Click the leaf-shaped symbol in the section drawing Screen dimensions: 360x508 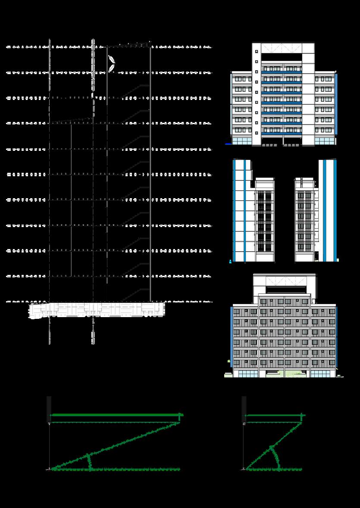112,64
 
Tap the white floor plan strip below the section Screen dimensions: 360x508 97,310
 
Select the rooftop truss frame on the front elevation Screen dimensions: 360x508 282,48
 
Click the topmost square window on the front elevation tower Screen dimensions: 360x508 257,51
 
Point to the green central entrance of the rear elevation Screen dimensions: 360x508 284,373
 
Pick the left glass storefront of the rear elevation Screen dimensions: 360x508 246,374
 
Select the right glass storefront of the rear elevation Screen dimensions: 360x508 323,374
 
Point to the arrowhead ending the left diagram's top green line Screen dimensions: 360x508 182,415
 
